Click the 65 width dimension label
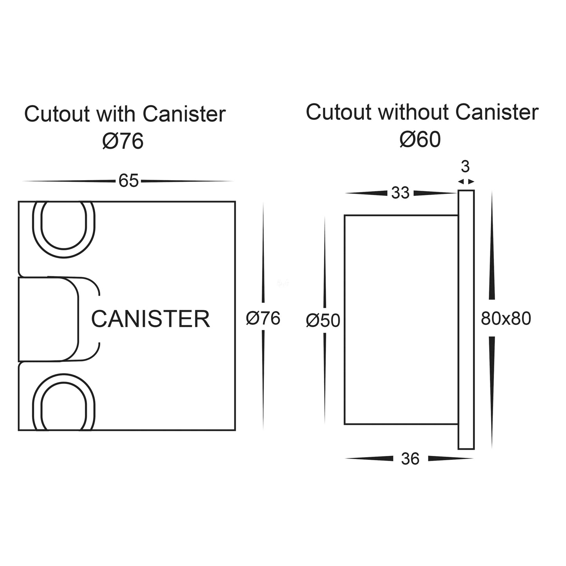[x=128, y=181]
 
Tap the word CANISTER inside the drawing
[x=150, y=319]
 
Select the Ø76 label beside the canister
[x=263, y=318]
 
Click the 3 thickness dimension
[x=465, y=167]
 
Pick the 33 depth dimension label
[x=400, y=193]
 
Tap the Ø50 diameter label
[x=323, y=321]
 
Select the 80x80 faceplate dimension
[x=506, y=319]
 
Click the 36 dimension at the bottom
[x=410, y=459]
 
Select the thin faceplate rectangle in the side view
[x=466, y=319]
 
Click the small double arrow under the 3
[x=466, y=181]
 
